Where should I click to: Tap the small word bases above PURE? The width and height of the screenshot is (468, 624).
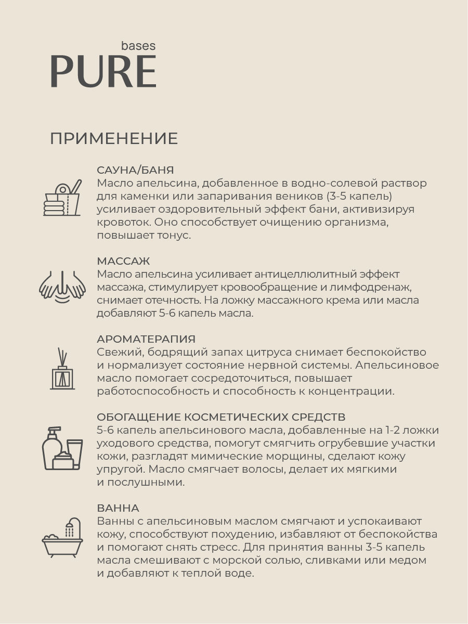pyautogui.click(x=138, y=45)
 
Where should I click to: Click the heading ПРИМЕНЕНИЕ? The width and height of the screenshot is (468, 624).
pyautogui.click(x=114, y=139)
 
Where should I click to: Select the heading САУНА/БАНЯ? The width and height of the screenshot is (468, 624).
pyautogui.click(x=135, y=170)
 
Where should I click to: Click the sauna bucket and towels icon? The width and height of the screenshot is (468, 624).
pyautogui.click(x=62, y=198)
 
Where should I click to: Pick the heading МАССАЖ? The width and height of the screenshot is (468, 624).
pyautogui.click(x=123, y=261)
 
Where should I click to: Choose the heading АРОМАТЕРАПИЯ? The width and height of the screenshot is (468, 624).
pyautogui.click(x=146, y=339)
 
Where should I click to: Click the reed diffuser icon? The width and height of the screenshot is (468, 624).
pyautogui.click(x=62, y=370)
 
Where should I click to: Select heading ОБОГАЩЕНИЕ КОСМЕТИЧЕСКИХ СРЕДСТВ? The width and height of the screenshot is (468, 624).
pyautogui.click(x=221, y=417)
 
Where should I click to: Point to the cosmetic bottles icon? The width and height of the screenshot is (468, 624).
pyautogui.click(x=62, y=448)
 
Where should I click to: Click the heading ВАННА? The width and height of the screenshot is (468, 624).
pyautogui.click(x=118, y=508)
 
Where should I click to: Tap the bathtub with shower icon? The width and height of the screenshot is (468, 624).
pyautogui.click(x=62, y=538)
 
